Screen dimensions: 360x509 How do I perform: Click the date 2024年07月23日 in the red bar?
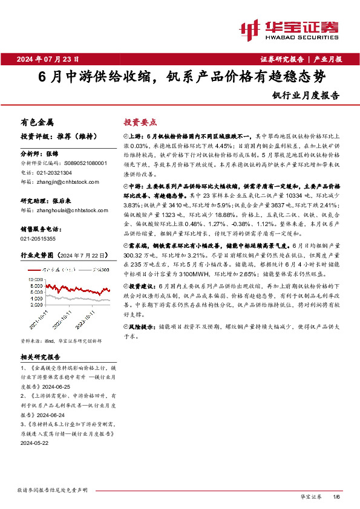(x=53, y=59)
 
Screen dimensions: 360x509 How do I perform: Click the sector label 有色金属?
(x=37, y=122)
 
